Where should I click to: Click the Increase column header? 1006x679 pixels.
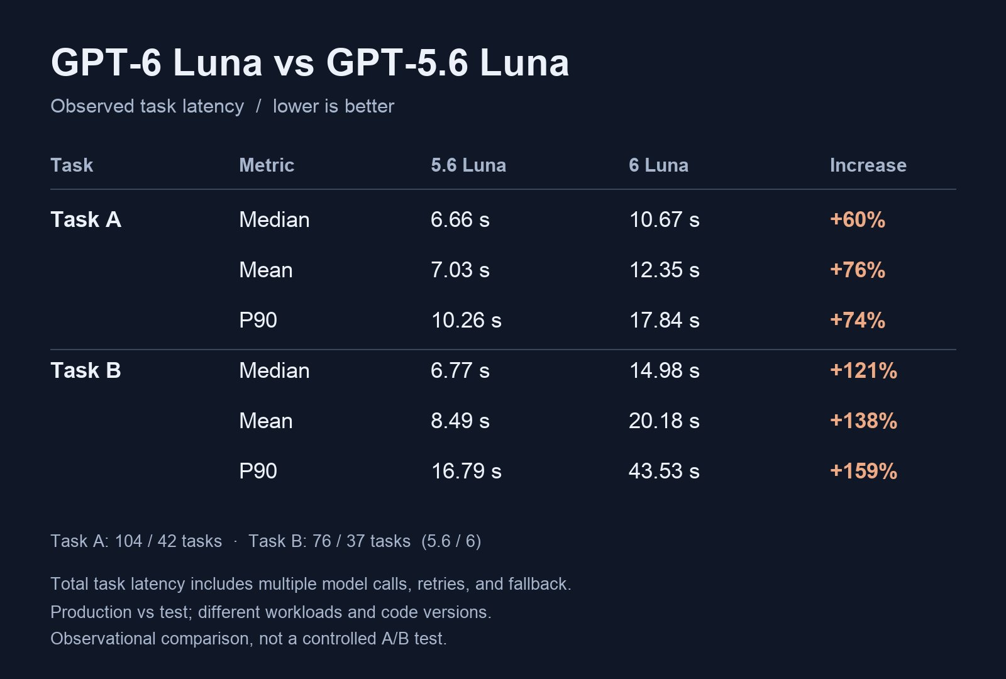pos(868,165)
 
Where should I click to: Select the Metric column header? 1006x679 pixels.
pos(267,165)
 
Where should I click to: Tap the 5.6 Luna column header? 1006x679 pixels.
pos(468,165)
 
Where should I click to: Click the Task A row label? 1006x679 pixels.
pos(86,219)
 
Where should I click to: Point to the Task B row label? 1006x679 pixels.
pos(86,370)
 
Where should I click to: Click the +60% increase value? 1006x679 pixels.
pos(858,220)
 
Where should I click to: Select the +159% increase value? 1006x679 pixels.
pos(863,471)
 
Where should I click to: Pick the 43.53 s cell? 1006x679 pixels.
pos(664,471)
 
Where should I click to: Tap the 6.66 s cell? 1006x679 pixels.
pos(460,220)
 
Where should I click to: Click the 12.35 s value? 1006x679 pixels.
pos(664,270)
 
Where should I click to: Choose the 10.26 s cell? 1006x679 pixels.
pos(466,320)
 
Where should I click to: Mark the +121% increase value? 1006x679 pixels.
pos(863,370)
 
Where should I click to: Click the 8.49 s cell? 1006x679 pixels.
pos(460,421)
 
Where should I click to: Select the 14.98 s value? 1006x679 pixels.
pos(664,370)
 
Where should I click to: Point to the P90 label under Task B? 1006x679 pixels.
pos(258,471)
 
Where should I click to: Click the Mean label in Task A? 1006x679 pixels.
pos(266,270)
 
